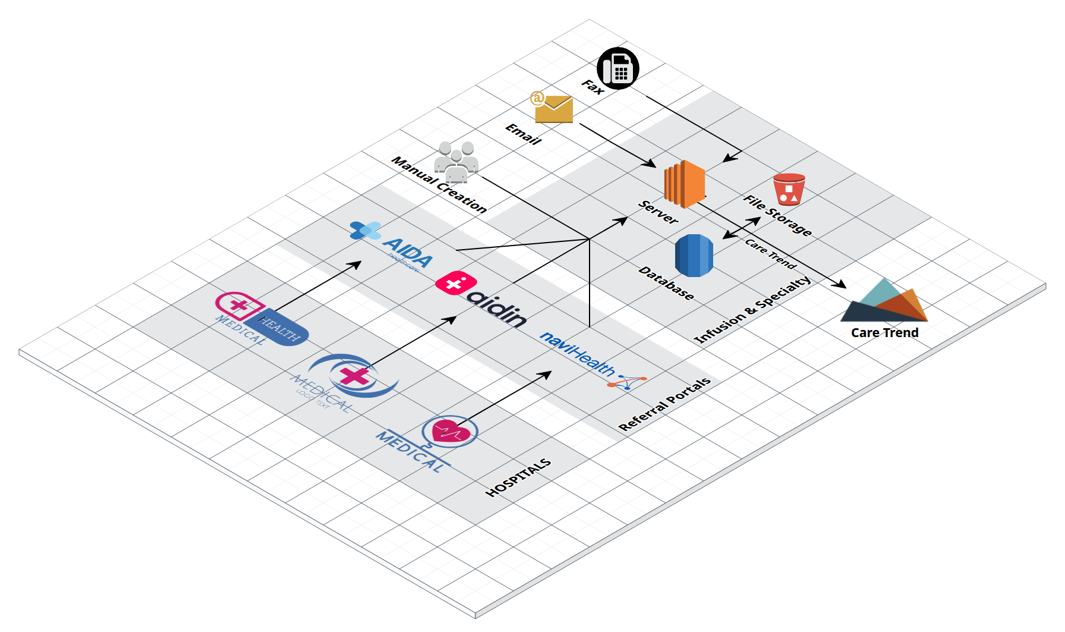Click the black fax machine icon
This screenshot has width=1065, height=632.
coord(617,68)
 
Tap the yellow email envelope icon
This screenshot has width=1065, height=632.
coord(553,109)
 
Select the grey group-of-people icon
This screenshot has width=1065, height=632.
coord(456,162)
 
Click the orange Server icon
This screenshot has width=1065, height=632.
coord(684,184)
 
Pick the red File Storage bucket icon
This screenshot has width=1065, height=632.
coord(789,190)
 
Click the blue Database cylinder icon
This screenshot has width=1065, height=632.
coord(694,256)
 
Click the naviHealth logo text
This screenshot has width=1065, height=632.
coord(577,354)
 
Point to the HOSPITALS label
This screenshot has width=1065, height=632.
coord(518,478)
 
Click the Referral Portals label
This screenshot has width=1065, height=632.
coord(664,404)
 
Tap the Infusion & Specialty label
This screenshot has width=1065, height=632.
coord(752,309)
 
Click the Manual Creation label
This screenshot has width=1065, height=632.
coord(439,185)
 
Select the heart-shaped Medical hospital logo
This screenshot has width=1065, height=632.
coord(449,432)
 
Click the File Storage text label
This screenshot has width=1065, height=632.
coord(777,216)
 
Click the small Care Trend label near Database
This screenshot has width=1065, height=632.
coord(770,254)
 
